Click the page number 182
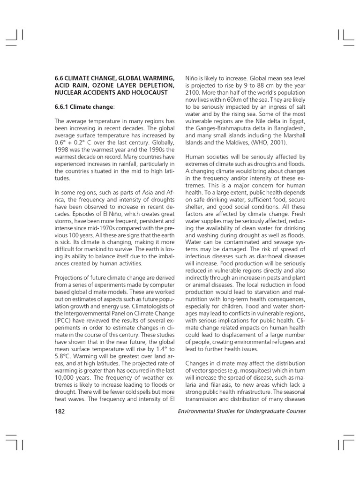[60, 412]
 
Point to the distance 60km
[233, 100]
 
